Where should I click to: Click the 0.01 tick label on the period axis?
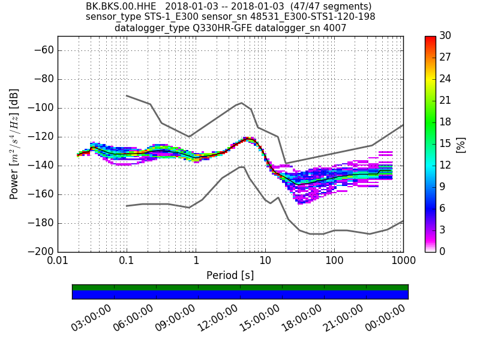(x=58, y=262)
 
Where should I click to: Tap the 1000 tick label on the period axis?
(x=403, y=262)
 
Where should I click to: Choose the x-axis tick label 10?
(x=265, y=262)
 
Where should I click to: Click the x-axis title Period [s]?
(x=230, y=275)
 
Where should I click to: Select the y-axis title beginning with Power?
(x=14, y=144)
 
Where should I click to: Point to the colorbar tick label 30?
(x=445, y=36)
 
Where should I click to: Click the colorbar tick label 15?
(x=445, y=143)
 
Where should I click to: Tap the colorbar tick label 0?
(x=442, y=251)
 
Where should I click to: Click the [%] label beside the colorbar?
(x=461, y=144)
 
